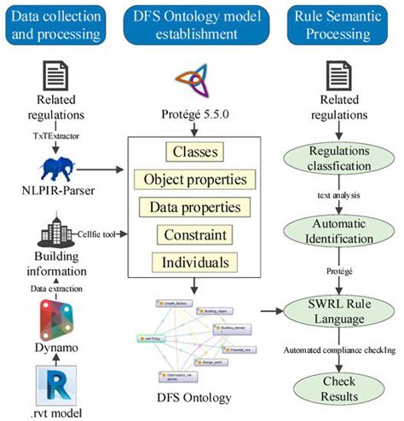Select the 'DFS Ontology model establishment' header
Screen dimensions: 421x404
click(x=202, y=26)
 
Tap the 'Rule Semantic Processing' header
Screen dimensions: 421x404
click(x=343, y=26)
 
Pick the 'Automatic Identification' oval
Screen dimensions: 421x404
click(x=343, y=231)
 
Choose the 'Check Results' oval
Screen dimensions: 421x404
click(x=343, y=386)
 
